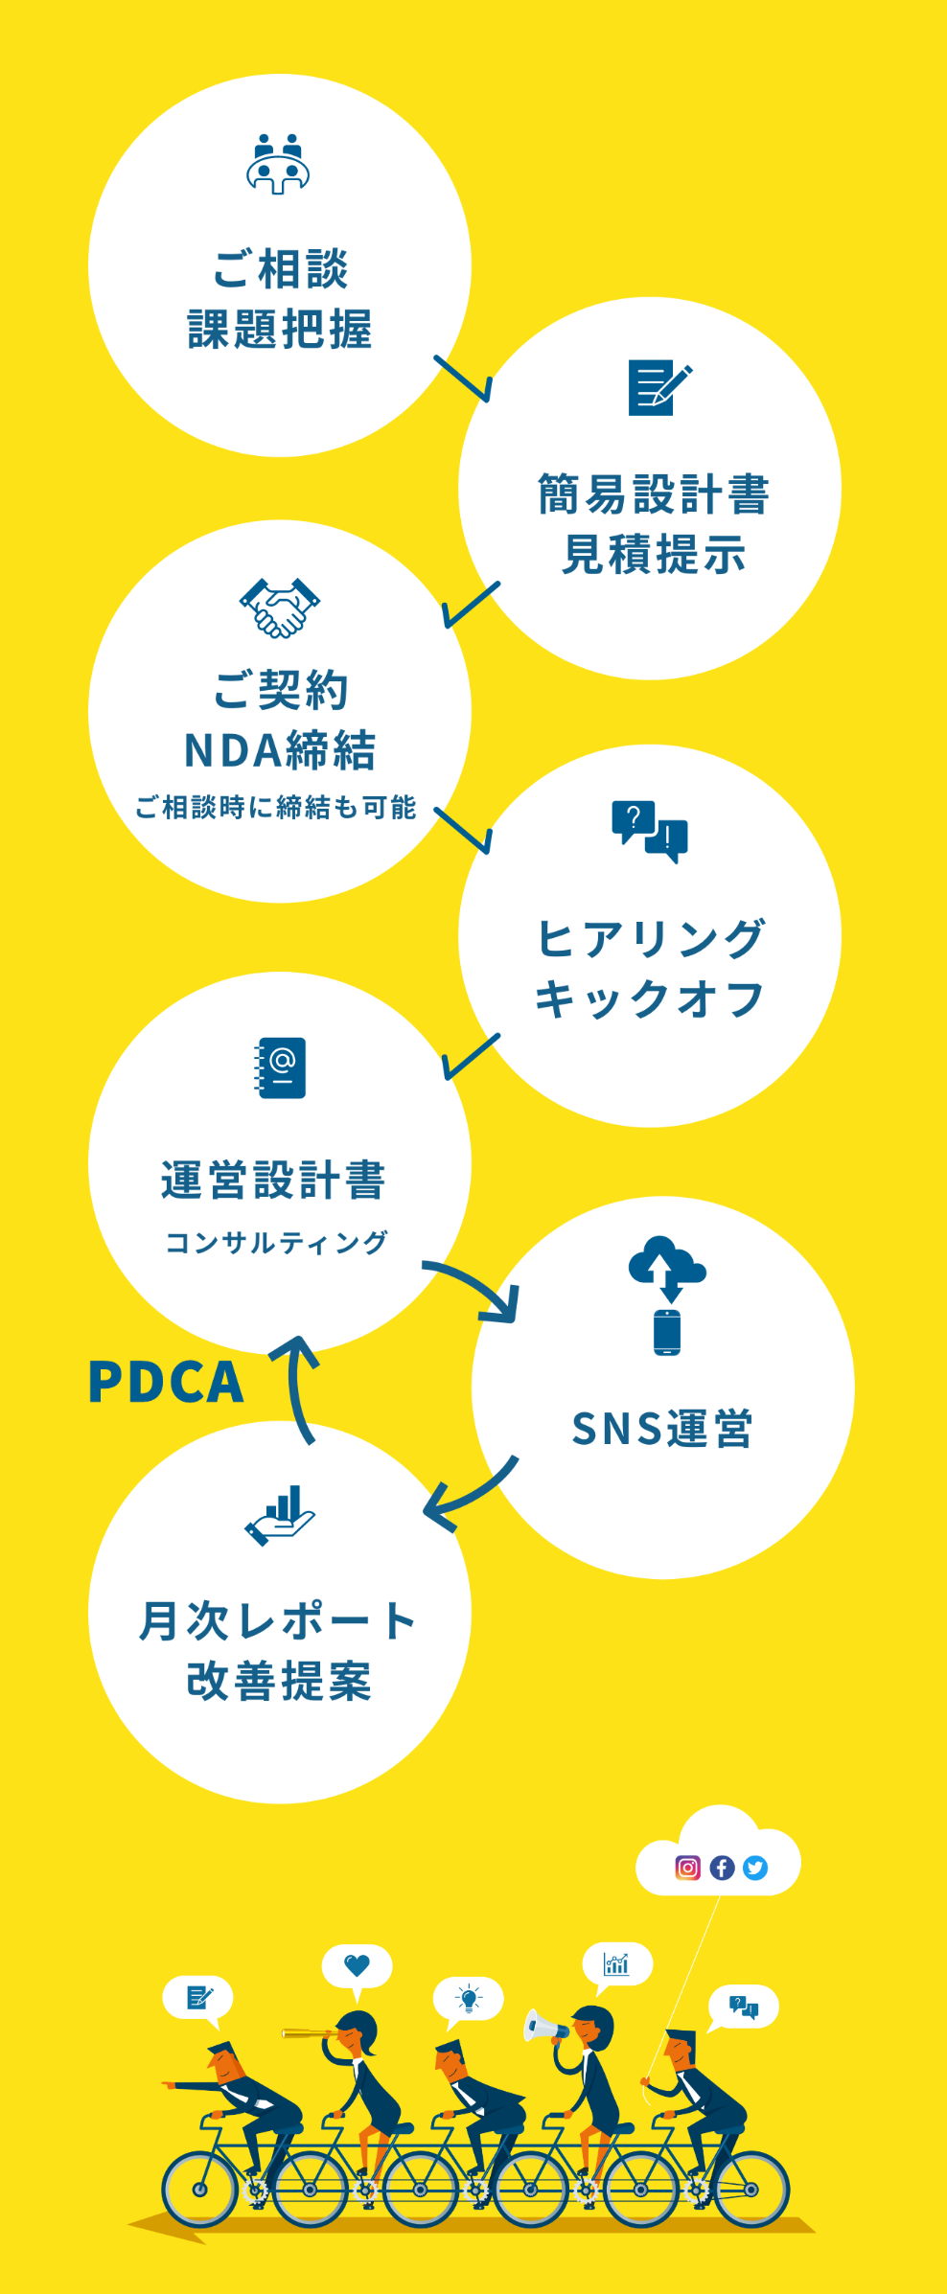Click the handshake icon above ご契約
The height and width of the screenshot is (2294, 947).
point(279,608)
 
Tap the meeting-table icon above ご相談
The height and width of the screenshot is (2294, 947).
point(278,165)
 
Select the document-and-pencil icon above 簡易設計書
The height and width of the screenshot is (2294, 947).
point(658,388)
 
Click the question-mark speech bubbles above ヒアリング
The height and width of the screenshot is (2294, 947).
point(650,831)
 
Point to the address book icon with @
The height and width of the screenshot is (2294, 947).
point(280,1067)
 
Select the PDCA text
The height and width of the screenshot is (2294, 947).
point(166,1382)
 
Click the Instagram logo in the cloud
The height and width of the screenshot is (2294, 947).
point(688,1868)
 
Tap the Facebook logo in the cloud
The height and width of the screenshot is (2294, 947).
point(722,1868)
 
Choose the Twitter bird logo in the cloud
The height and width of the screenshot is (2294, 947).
point(755,1868)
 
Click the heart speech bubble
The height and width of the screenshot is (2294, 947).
point(357,1965)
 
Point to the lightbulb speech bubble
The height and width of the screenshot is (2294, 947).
point(469,1998)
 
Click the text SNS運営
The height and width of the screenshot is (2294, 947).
point(662,1429)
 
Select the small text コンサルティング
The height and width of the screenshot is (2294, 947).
point(277,1243)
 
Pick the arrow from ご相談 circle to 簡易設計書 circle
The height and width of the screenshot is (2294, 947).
point(464,379)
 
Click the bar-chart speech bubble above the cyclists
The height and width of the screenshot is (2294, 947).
point(617,1965)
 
